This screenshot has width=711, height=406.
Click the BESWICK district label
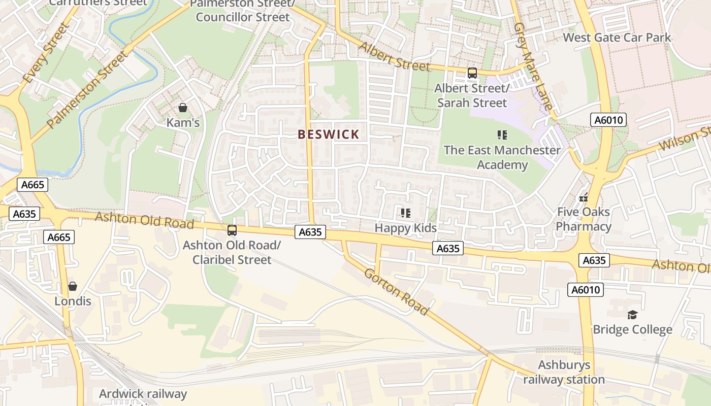pos(329,134)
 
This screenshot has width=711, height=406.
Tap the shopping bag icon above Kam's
pos(183,108)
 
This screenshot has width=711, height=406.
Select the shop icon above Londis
pos(73,286)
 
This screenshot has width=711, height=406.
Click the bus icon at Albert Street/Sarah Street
pos(472,73)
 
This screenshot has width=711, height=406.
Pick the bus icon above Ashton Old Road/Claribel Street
pos(232,230)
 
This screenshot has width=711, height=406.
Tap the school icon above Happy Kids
pos(405,213)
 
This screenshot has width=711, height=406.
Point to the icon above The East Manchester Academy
pos(502,135)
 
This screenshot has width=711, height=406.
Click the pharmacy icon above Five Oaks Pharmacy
pos(584,197)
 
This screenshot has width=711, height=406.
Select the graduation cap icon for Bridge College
pos(632,315)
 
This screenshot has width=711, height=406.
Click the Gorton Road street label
pos(396,291)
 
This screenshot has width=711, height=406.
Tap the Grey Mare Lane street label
pos(532,66)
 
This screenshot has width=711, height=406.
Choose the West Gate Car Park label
pos(617,38)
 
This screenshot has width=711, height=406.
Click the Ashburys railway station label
pos(564,372)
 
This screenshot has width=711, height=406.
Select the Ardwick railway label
pos(143,394)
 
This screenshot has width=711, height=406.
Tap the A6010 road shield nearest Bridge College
pos(586,290)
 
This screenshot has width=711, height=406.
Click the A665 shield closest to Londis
pos(59,237)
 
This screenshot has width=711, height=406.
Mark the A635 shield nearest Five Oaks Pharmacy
pos(594,260)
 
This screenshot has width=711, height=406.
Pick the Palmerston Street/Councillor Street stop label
pos(242,11)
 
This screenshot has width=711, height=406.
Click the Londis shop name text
pos(73,301)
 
